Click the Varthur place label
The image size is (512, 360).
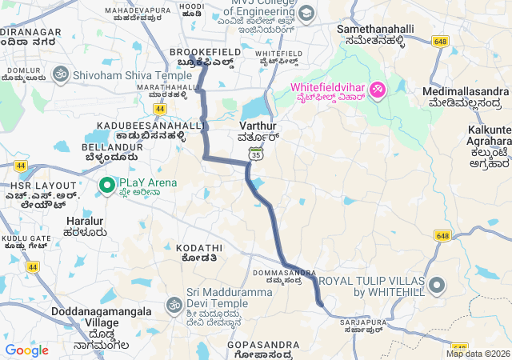tap(258, 126)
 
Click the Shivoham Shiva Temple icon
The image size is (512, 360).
tap(58, 75)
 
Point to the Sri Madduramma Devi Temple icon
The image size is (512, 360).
tap(174, 305)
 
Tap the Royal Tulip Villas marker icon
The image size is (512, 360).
tap(437, 286)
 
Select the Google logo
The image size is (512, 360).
tap(26, 350)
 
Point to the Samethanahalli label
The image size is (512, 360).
tap(375, 29)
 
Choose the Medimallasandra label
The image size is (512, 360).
tap(465, 91)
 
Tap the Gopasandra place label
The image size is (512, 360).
tap(263, 345)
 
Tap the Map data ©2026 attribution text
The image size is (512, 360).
tap(478, 354)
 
